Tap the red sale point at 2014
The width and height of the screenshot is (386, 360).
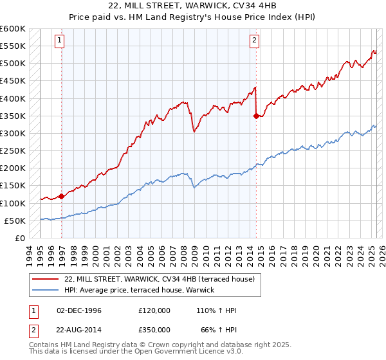(256, 116)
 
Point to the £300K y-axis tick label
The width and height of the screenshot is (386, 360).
(12, 133)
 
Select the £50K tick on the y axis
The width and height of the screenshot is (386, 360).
(14, 221)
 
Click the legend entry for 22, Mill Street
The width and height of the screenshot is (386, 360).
(160, 279)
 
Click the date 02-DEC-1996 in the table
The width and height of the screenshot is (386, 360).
(79, 310)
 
